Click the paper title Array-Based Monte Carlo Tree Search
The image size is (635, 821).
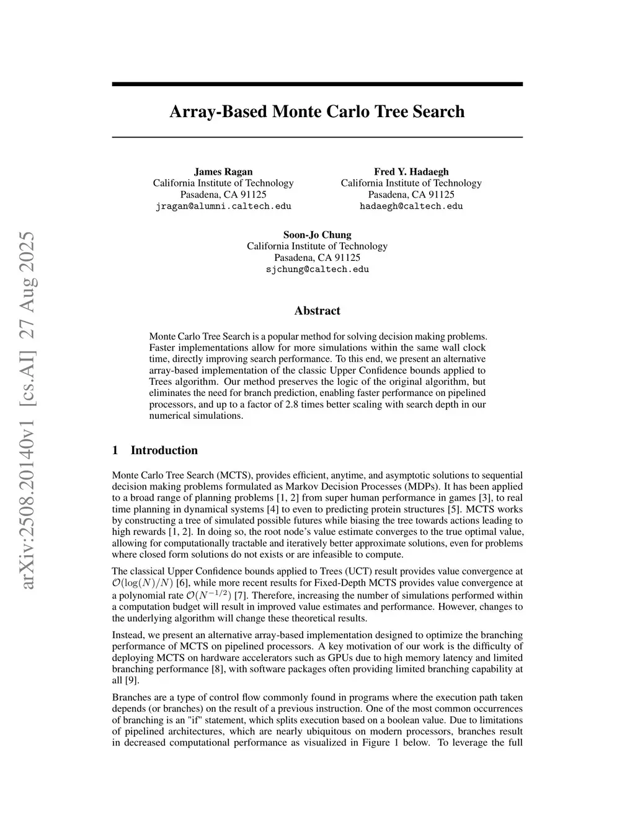pos(317,112)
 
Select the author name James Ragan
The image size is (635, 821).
pos(223,172)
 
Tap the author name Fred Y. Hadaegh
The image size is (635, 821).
pos(411,172)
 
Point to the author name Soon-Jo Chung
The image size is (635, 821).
pos(317,235)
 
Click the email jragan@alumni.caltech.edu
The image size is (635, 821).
pos(223,206)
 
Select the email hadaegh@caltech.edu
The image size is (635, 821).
pos(411,206)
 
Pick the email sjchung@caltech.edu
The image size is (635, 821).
pos(317,270)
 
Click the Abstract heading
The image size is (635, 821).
pos(317,311)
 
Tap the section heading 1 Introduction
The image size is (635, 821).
pos(155,450)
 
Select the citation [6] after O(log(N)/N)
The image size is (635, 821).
pos(182,583)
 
